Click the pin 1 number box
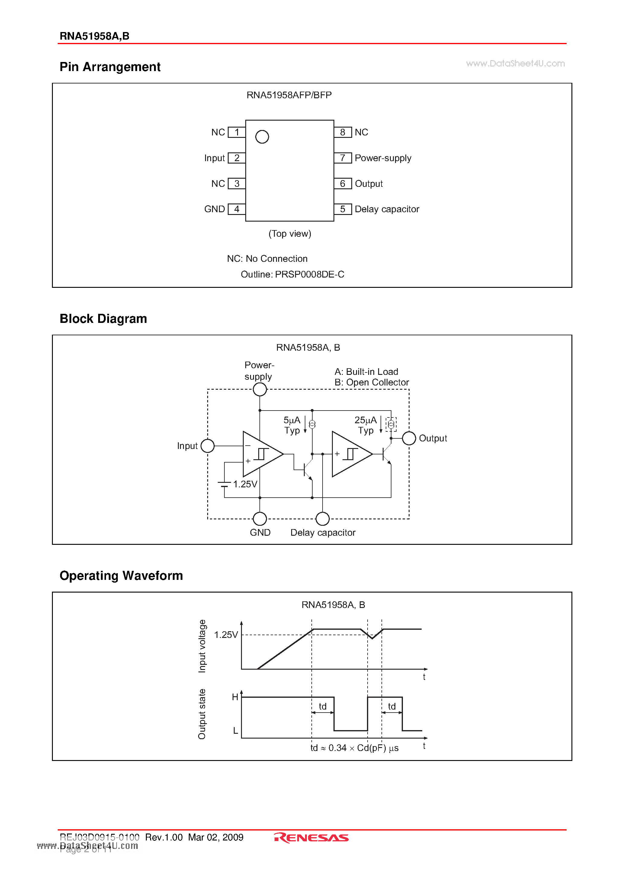pyautogui.click(x=236, y=132)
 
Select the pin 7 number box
pyautogui.click(x=343, y=158)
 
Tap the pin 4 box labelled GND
pyautogui.click(x=236, y=209)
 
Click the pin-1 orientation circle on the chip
pyautogui.click(x=262, y=137)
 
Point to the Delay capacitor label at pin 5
pyautogui.click(x=387, y=209)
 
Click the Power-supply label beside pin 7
pyautogui.click(x=383, y=158)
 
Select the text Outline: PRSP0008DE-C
pyautogui.click(x=292, y=274)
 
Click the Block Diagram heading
pyautogui.click(x=103, y=318)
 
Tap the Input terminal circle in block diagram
pyautogui.click(x=208, y=446)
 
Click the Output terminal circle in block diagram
pyautogui.click(x=409, y=438)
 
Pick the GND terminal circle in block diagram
pyautogui.click(x=260, y=518)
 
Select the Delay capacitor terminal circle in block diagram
pyautogui.click(x=322, y=518)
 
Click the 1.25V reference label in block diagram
pyautogui.click(x=245, y=484)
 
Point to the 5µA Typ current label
pyautogui.click(x=292, y=425)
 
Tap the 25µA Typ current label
pyautogui.click(x=365, y=425)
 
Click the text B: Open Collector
pyautogui.click(x=372, y=382)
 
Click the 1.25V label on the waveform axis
pyautogui.click(x=226, y=635)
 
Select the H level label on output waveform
pyautogui.click(x=235, y=697)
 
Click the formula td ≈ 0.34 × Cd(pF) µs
pyautogui.click(x=354, y=748)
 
